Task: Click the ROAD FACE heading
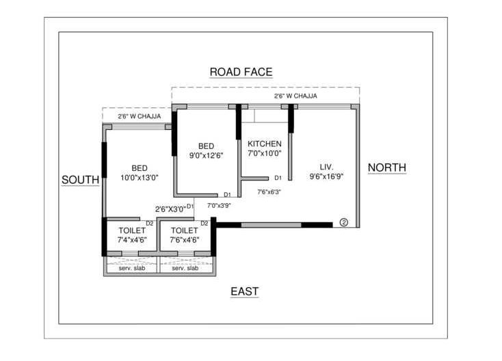(241, 72)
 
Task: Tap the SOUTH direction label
(81, 180)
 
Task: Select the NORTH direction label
(387, 168)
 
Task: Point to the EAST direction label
(244, 292)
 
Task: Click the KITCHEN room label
(264, 144)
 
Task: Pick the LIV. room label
(326, 166)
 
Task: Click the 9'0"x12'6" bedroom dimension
(207, 155)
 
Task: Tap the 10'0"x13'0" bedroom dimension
(140, 178)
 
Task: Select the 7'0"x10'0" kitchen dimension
(264, 153)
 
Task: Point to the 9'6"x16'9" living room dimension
(326, 176)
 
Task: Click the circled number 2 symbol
(343, 222)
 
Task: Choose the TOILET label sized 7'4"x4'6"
(131, 230)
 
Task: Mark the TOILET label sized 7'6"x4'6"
(184, 230)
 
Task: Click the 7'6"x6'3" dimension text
(269, 192)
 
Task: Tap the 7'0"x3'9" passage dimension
(219, 205)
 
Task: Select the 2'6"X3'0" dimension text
(170, 209)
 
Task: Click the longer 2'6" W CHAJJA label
(295, 96)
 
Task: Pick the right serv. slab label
(185, 268)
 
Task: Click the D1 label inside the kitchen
(278, 178)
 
